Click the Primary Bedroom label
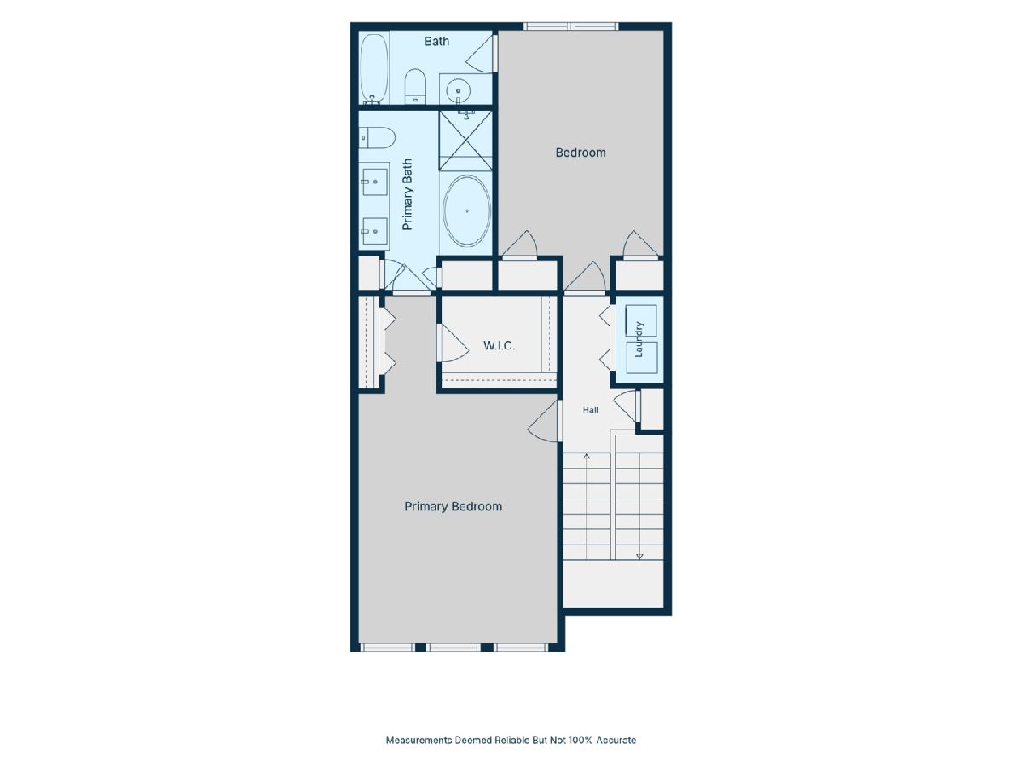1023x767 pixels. click(x=453, y=507)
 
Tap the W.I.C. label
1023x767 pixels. click(x=500, y=345)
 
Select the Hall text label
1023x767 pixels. click(x=591, y=410)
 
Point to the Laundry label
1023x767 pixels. click(x=639, y=339)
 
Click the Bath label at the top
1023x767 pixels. click(x=436, y=42)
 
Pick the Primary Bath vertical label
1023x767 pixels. click(x=407, y=194)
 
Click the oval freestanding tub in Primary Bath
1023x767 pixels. click(x=466, y=211)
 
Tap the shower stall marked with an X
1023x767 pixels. click(x=465, y=141)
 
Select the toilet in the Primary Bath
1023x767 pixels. click(x=377, y=138)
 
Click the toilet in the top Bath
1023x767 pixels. click(x=415, y=87)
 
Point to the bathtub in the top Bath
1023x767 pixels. click(x=373, y=68)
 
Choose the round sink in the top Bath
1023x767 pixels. click(x=459, y=90)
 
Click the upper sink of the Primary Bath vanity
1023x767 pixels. click(x=375, y=182)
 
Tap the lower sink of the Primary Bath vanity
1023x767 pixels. click(x=375, y=231)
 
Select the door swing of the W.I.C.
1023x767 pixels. click(x=453, y=343)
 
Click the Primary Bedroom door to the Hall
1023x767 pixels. click(x=543, y=421)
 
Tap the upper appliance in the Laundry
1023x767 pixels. click(x=641, y=320)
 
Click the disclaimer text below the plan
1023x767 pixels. click(x=511, y=740)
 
